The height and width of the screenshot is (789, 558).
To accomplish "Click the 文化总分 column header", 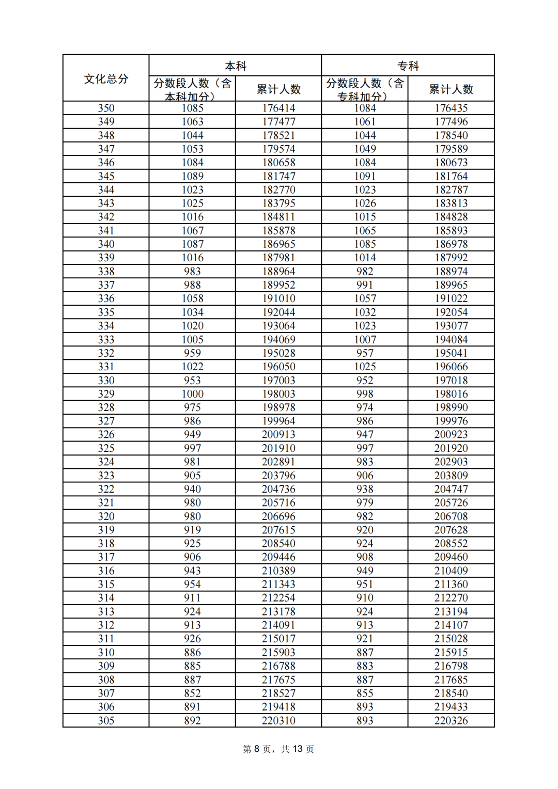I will click(106, 78).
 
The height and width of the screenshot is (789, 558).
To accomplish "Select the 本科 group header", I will click(236, 66).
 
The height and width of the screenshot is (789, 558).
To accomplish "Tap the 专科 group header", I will click(408, 66).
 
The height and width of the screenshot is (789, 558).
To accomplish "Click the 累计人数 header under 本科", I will click(278, 89).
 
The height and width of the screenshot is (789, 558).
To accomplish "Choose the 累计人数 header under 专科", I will click(451, 89).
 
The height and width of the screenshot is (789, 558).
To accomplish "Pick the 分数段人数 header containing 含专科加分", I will click(364, 89).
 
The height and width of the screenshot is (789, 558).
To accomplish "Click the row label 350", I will click(106, 108).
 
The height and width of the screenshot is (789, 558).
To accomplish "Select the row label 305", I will click(106, 720).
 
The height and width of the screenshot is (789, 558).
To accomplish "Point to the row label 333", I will click(106, 339).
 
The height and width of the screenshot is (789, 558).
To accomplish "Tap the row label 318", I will click(106, 543).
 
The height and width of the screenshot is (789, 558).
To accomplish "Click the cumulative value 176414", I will click(278, 108).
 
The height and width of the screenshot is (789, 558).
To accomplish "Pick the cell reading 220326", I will click(451, 720).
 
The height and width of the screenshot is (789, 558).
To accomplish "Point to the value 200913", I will click(278, 434).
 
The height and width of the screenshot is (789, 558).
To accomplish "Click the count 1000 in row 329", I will click(192, 393).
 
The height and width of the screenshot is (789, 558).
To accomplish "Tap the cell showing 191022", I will click(451, 298).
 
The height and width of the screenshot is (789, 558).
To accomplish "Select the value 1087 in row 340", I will click(192, 244).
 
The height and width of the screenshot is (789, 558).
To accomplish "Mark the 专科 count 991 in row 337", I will click(365, 285).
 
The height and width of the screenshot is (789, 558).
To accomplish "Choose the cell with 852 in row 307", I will click(192, 693).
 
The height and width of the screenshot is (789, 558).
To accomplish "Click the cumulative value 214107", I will click(451, 625).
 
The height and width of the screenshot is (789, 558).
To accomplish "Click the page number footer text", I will click(278, 749).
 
